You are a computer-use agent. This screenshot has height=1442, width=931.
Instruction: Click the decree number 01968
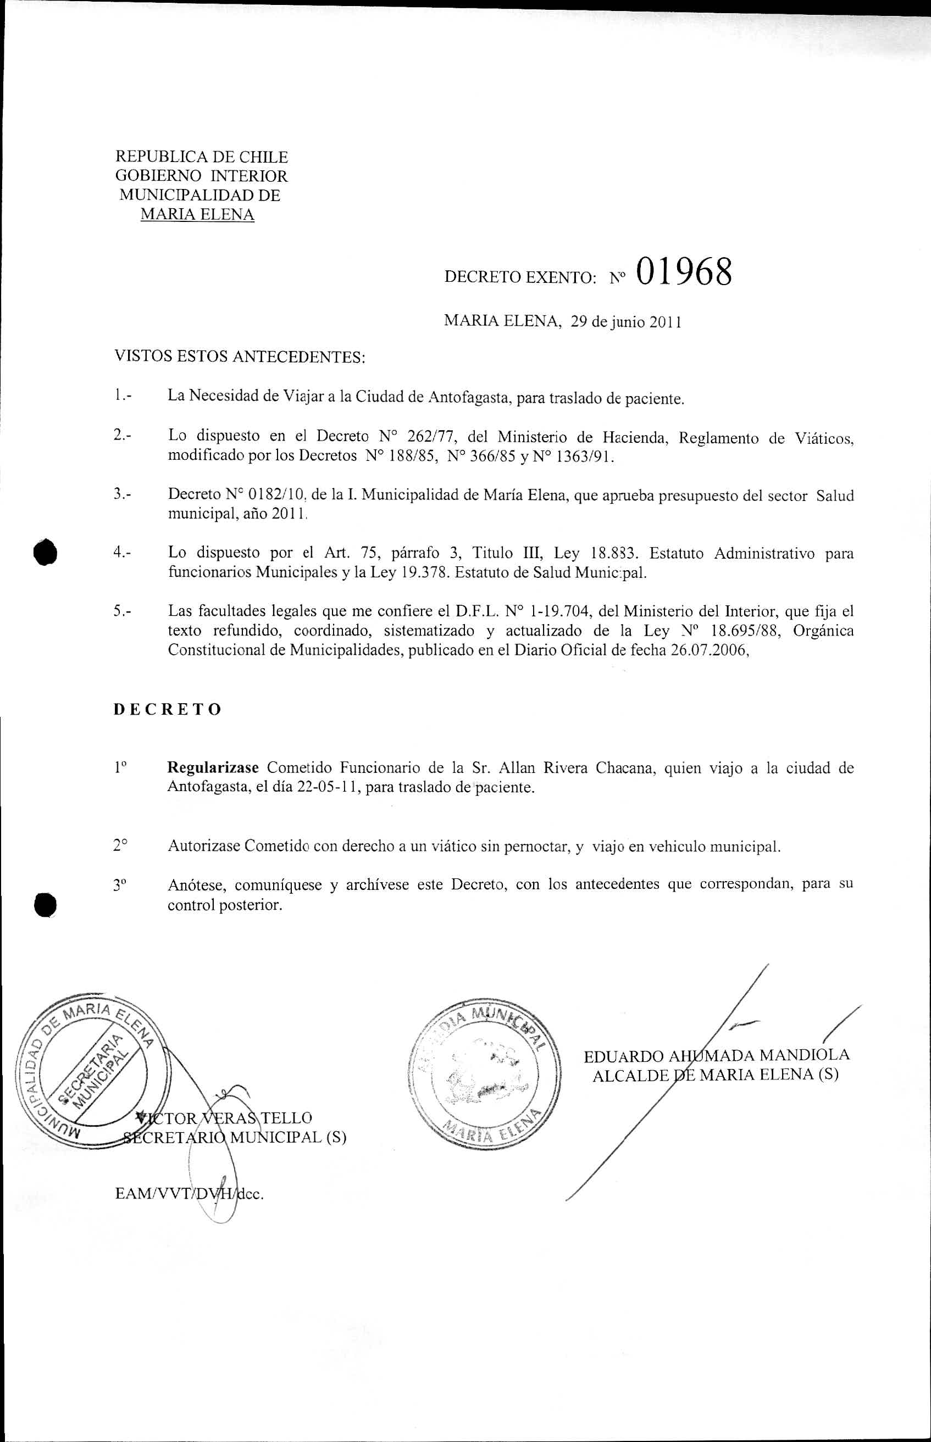point(683,272)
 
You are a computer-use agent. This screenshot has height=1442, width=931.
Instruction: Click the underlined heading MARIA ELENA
point(197,214)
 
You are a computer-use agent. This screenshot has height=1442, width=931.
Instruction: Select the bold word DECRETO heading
point(168,709)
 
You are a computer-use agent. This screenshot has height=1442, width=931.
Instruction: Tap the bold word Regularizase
point(213,769)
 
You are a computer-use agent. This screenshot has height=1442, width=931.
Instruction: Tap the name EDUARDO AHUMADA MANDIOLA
point(717,1055)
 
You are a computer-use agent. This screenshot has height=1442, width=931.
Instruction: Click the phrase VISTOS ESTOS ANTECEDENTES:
point(240,357)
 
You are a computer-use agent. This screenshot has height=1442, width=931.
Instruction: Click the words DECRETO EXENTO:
point(520,277)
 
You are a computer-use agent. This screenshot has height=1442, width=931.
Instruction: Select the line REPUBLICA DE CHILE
point(201,157)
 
